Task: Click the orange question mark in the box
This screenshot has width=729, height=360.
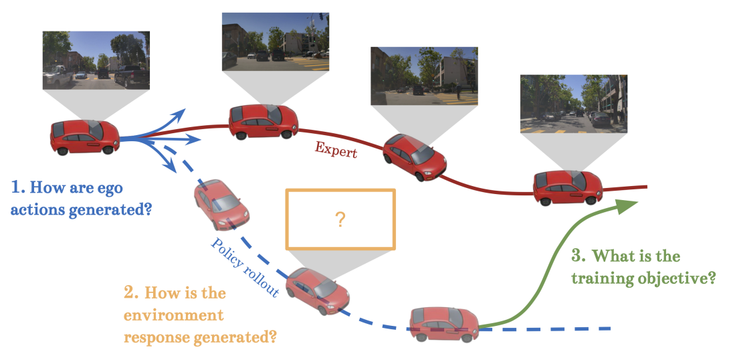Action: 340,219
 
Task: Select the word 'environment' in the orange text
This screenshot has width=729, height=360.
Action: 174,314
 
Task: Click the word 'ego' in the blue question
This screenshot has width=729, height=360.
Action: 109,187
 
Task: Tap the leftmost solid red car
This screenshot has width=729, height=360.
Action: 84,137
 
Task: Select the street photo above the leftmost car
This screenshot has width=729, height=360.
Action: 96,60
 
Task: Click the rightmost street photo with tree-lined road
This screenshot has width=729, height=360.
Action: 574,104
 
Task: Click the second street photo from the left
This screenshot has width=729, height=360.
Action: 276,41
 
